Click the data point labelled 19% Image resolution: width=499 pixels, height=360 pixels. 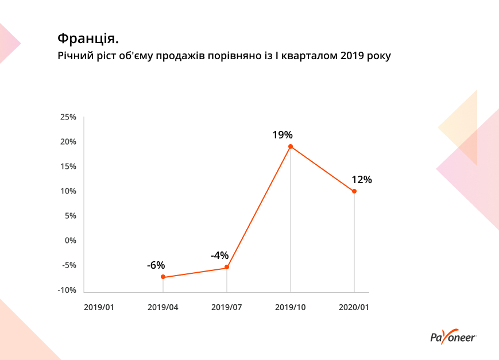pos(291,146)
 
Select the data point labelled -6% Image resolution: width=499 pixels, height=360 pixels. pos(163,277)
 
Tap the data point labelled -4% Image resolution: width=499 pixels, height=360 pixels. pos(227,267)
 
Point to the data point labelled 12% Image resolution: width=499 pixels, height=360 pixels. pos(354,191)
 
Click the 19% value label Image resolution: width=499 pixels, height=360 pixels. pos(283,136)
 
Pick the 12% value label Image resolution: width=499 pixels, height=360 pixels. pos(362,180)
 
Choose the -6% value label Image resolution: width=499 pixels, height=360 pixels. pos(156,265)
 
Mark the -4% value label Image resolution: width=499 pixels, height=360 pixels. pos(219,256)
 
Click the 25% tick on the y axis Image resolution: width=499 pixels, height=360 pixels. pos(68,117)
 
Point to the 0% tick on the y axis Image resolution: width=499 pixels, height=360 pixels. pos(70,241)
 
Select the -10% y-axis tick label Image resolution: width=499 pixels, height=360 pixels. pos(67,290)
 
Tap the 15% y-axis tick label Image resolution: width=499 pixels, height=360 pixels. pos(68,167)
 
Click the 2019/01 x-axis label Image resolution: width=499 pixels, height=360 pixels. pos(99,307)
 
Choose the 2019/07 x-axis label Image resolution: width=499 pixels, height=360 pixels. pos(227,307)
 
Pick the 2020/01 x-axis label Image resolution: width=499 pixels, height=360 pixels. pos(354,307)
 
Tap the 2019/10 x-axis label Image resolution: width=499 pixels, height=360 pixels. pos(291,307)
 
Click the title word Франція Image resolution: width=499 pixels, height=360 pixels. pos(88,39)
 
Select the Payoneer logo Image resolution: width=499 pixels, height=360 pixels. pos(453,337)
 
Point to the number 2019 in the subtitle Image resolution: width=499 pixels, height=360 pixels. pos(352,56)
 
